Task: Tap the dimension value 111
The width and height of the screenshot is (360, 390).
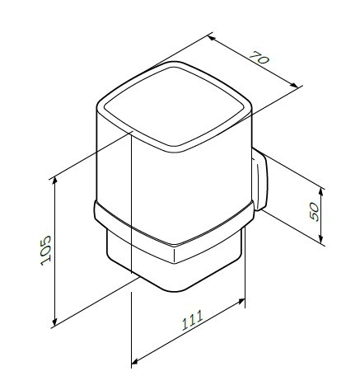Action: [192, 328]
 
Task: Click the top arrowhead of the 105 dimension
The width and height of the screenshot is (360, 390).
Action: [54, 176]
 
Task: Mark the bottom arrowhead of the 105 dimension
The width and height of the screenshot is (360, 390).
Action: [54, 324]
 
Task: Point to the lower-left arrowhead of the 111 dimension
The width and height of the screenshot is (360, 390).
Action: [133, 361]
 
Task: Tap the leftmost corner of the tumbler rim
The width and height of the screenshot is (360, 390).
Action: [98, 106]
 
